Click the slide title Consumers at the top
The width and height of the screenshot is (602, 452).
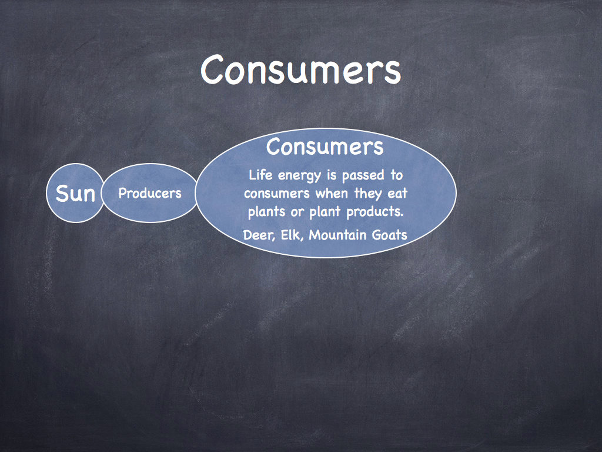click(x=300, y=69)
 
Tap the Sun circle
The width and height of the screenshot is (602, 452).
click(x=75, y=193)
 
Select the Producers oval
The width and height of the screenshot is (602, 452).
click(x=150, y=193)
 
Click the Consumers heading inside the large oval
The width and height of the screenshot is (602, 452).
click(x=325, y=147)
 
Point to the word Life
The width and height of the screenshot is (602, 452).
click(x=260, y=175)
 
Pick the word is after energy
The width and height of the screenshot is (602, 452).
click(x=332, y=175)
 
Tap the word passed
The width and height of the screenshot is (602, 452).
click(x=363, y=175)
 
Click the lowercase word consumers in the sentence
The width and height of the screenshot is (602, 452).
click(x=276, y=193)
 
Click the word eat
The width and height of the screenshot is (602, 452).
click(x=397, y=193)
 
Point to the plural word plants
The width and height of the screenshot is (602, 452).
click(x=266, y=212)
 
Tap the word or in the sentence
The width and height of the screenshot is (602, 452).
click(x=297, y=212)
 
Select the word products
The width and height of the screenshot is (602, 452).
click(x=374, y=212)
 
